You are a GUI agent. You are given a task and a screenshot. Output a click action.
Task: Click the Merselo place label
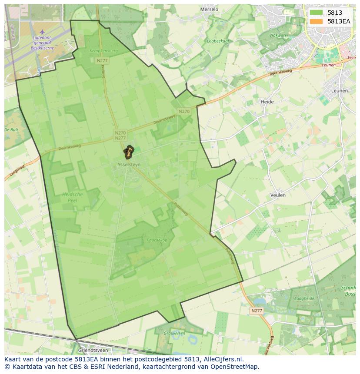[209, 9]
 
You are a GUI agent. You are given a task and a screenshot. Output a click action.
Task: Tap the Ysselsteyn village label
[129, 165]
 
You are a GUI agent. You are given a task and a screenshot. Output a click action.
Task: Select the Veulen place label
[278, 195]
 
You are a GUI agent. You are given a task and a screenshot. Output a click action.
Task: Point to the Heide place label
[267, 102]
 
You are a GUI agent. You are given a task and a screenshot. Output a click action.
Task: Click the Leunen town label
[339, 91]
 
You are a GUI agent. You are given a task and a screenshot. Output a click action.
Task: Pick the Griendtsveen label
[93, 350]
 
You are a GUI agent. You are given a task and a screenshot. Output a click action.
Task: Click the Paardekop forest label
[157, 240]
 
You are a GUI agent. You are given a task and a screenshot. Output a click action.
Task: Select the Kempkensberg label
[103, 51]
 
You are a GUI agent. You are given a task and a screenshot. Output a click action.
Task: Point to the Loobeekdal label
[218, 41]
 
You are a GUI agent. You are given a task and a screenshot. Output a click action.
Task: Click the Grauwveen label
[174, 333]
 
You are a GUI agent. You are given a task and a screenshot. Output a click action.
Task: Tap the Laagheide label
[304, 299]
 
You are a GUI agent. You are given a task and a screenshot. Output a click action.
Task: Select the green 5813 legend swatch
[316, 13]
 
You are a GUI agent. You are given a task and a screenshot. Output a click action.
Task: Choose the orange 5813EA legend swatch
[316, 21]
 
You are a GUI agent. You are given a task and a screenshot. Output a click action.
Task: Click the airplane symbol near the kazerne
[42, 32]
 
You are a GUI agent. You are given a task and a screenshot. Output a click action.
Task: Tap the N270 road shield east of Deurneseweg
[184, 112]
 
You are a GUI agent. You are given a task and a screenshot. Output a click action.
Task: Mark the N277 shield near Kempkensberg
[102, 61]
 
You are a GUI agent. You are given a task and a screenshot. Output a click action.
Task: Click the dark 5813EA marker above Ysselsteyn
[128, 152]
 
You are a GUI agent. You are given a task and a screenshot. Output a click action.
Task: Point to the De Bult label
[11, 130]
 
